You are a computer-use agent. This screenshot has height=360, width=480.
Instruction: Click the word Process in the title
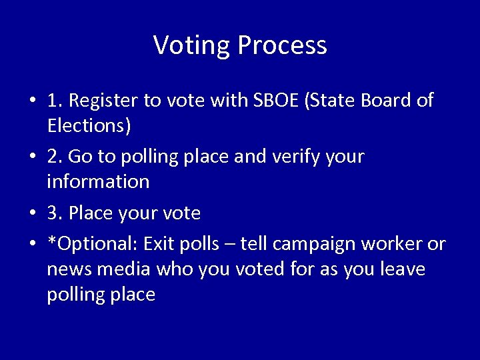click(282, 45)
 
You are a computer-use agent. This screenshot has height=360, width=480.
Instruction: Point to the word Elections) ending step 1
click(89, 125)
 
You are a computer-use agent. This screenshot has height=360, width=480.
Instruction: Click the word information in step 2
click(98, 181)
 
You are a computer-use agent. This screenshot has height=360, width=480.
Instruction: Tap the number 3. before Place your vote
click(55, 213)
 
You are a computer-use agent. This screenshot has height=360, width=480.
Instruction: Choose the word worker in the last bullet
click(392, 245)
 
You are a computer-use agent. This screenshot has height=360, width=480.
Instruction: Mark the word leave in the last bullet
click(402, 269)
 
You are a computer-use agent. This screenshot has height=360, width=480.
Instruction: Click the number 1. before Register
click(55, 101)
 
